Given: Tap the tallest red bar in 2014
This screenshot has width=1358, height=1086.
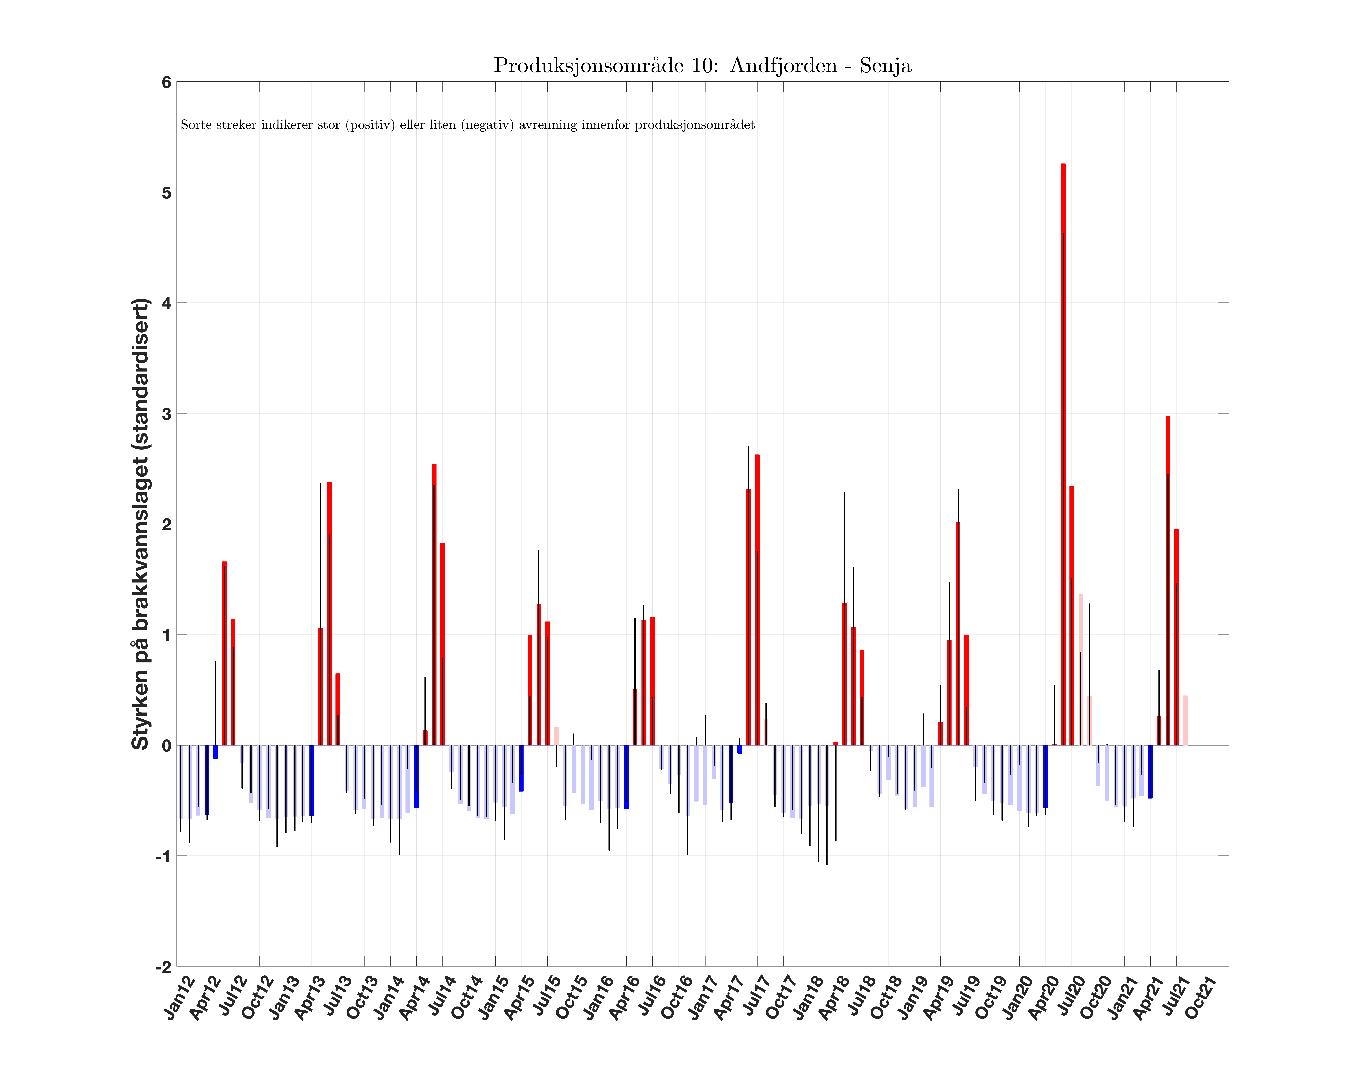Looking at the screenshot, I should pyautogui.click(x=434, y=604).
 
